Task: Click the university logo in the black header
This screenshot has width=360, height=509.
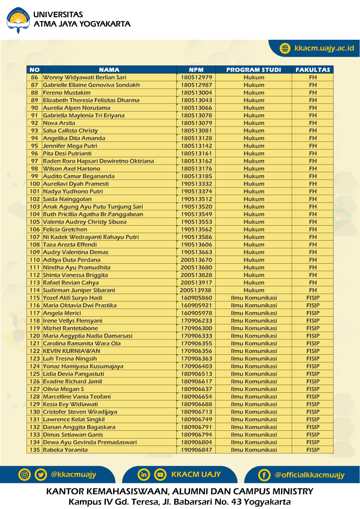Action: pos(18,20)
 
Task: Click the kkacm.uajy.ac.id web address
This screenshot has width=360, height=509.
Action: pos(324,48)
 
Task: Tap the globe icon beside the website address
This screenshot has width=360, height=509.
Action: pos(285,48)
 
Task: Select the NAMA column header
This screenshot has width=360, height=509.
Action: pos(109,70)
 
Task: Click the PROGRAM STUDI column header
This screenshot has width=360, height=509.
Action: pos(254,70)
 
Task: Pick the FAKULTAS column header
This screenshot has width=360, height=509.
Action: pos(313,70)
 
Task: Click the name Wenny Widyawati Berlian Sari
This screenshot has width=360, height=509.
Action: pos(85,77)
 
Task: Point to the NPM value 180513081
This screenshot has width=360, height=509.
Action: pos(196,131)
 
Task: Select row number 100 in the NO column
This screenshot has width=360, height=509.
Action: pos(35,184)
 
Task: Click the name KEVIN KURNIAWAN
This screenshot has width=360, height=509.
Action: pos(71,351)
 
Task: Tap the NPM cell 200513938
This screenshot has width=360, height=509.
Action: pos(196,290)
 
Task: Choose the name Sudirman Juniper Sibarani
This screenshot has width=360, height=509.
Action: pos(79,290)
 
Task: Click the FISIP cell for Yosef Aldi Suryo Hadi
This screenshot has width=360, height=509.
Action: pos(313,298)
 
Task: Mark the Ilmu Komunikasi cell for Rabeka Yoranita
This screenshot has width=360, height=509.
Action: pos(254,450)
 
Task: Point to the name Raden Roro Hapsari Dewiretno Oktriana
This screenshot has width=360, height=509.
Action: pos(98,161)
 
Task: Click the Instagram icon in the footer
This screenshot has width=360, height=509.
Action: pos(25,474)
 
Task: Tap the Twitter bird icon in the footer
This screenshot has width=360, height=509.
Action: pos(41,474)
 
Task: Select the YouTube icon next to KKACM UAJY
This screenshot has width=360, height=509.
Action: pos(160,474)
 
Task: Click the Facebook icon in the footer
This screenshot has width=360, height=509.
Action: pos(264,475)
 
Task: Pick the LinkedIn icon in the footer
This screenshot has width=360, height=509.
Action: pos(144,474)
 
